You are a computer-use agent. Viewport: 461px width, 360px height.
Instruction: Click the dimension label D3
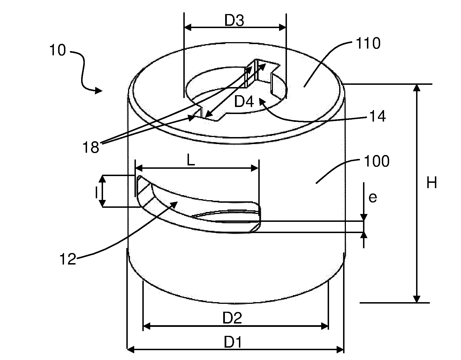pos(234,20)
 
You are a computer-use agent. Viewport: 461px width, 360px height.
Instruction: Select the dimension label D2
pos(232,318)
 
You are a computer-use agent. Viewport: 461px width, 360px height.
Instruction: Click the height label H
pos(432,183)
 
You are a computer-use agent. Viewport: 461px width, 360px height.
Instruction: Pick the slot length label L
pos(191,160)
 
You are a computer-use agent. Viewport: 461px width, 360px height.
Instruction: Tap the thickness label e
pos(373,198)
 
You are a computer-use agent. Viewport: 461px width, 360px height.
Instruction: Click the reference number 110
pos(368,43)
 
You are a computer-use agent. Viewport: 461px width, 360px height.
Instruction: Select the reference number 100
pos(376,161)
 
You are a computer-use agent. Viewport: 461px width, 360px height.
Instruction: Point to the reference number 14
pos(378,116)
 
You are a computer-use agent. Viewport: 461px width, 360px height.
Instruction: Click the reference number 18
pos(91,147)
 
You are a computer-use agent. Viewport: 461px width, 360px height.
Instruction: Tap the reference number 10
pos(58,50)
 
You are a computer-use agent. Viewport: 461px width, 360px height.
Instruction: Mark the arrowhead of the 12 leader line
pos(174,204)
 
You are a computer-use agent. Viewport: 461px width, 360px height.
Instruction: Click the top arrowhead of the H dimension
pos(417,87)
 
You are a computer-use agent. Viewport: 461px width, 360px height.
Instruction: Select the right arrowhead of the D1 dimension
pos(340,349)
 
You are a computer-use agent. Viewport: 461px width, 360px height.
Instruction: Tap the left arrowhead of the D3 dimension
pos(188,27)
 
